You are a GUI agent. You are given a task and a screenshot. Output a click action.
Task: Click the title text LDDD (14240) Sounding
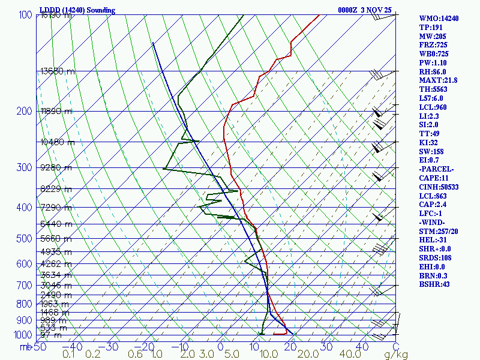pyautogui.click(x=77, y=10)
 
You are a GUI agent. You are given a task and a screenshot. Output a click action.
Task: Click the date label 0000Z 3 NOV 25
pyautogui.click(x=373, y=10)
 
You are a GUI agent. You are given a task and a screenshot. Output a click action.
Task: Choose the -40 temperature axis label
pyautogui.click(x=73, y=347)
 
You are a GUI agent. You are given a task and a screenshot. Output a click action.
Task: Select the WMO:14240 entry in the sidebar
pyautogui.click(x=439, y=19)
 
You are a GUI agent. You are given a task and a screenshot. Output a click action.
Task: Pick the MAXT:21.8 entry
pyautogui.click(x=438, y=80)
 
